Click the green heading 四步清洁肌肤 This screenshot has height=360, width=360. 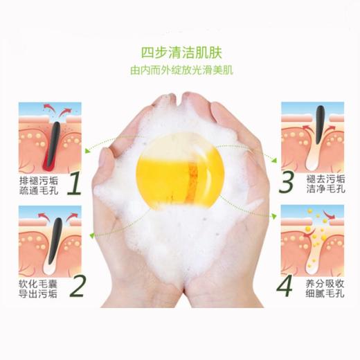(179, 52)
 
